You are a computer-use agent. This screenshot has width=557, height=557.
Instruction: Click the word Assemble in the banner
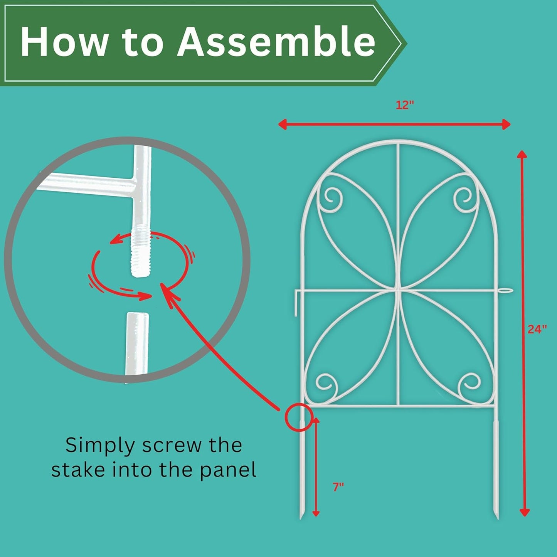pyautogui.click(x=276, y=41)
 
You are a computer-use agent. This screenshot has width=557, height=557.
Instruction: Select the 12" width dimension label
pyautogui.click(x=404, y=105)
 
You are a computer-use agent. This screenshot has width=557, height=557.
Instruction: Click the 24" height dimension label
pyautogui.click(x=537, y=329)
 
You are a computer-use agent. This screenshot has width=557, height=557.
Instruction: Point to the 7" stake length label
pyautogui.click(x=338, y=487)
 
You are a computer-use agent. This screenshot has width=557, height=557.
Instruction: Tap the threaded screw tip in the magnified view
pyautogui.click(x=140, y=253)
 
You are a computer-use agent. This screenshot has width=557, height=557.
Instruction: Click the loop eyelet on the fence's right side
pyautogui.click(x=507, y=290)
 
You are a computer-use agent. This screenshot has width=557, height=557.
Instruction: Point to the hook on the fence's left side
pyautogui.click(x=297, y=301)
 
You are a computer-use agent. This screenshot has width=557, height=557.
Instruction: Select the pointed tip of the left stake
pyautogui.click(x=301, y=517)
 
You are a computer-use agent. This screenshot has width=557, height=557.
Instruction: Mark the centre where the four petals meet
pyautogui.click(x=398, y=290)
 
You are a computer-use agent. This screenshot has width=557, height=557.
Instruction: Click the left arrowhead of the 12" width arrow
pyautogui.click(x=283, y=124)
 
